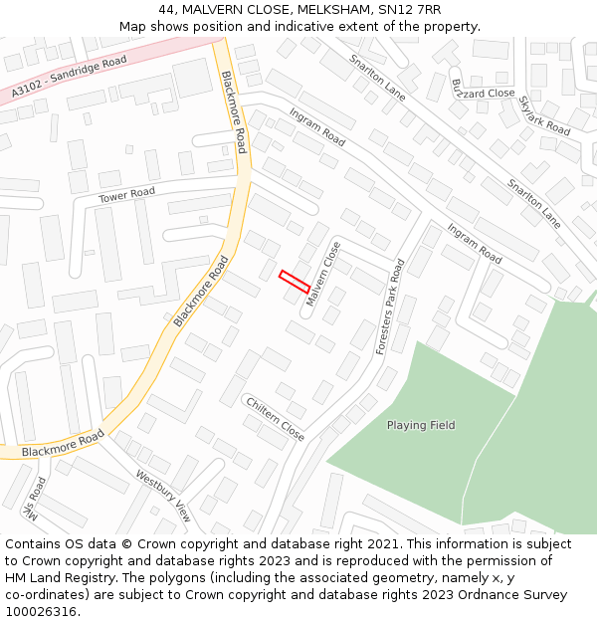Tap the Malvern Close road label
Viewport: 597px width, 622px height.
tap(323, 274)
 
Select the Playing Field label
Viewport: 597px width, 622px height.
tap(421, 425)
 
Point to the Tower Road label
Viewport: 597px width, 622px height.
tap(127, 195)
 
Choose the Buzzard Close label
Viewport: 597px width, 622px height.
tap(484, 91)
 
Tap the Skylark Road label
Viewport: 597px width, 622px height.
tap(545, 116)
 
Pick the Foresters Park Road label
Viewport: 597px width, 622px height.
tap(390, 308)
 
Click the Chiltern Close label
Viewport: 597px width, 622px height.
tap(275, 417)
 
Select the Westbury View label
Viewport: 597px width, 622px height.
tap(163, 496)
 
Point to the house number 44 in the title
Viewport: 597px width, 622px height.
tap(166, 10)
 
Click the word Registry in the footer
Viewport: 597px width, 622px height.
tap(105, 578)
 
